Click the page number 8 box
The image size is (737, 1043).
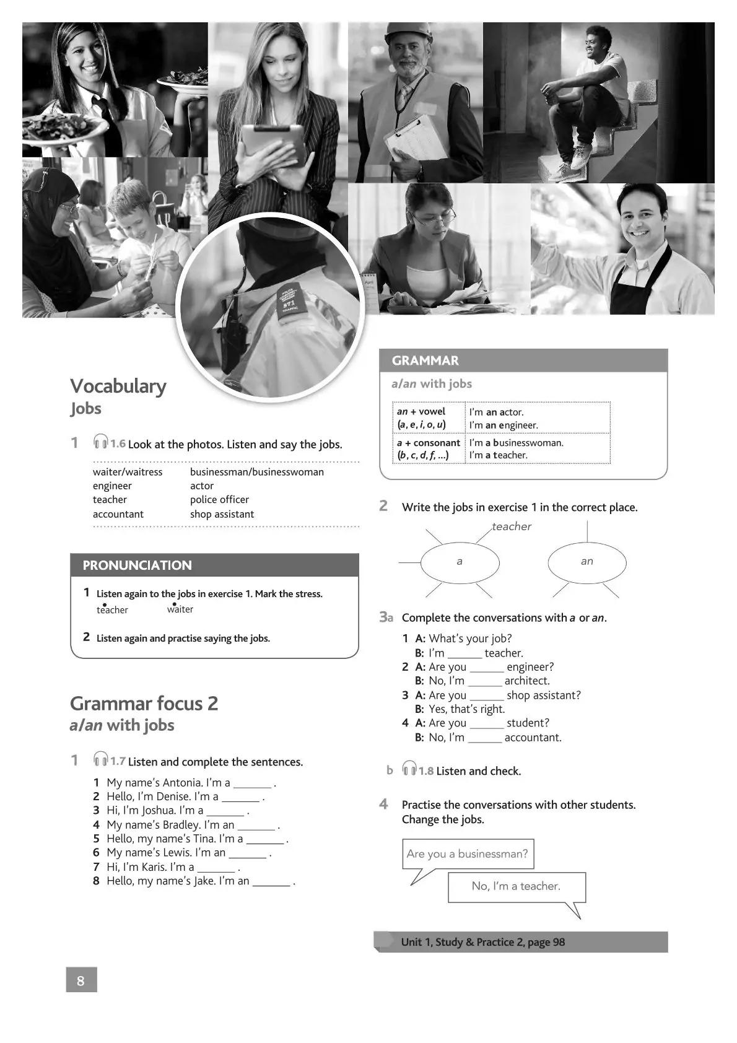click(x=81, y=980)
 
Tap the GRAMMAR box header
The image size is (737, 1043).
click(x=523, y=360)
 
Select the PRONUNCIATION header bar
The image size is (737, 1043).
click(x=214, y=565)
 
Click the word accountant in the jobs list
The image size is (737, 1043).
click(x=118, y=514)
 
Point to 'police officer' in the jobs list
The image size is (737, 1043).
click(x=219, y=500)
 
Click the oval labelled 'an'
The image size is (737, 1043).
click(x=587, y=562)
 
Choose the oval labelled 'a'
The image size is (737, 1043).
click(x=460, y=562)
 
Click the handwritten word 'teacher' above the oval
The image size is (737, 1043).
click(x=512, y=526)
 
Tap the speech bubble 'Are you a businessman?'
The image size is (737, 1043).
click(x=468, y=854)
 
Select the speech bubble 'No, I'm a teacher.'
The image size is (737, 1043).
click(x=516, y=886)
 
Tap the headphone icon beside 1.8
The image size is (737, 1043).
click(x=409, y=770)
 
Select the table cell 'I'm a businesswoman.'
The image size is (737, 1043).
click(x=516, y=443)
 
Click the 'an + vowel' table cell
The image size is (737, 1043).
click(x=421, y=411)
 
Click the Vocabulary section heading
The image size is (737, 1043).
click(x=118, y=386)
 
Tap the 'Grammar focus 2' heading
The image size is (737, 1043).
click(x=144, y=704)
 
